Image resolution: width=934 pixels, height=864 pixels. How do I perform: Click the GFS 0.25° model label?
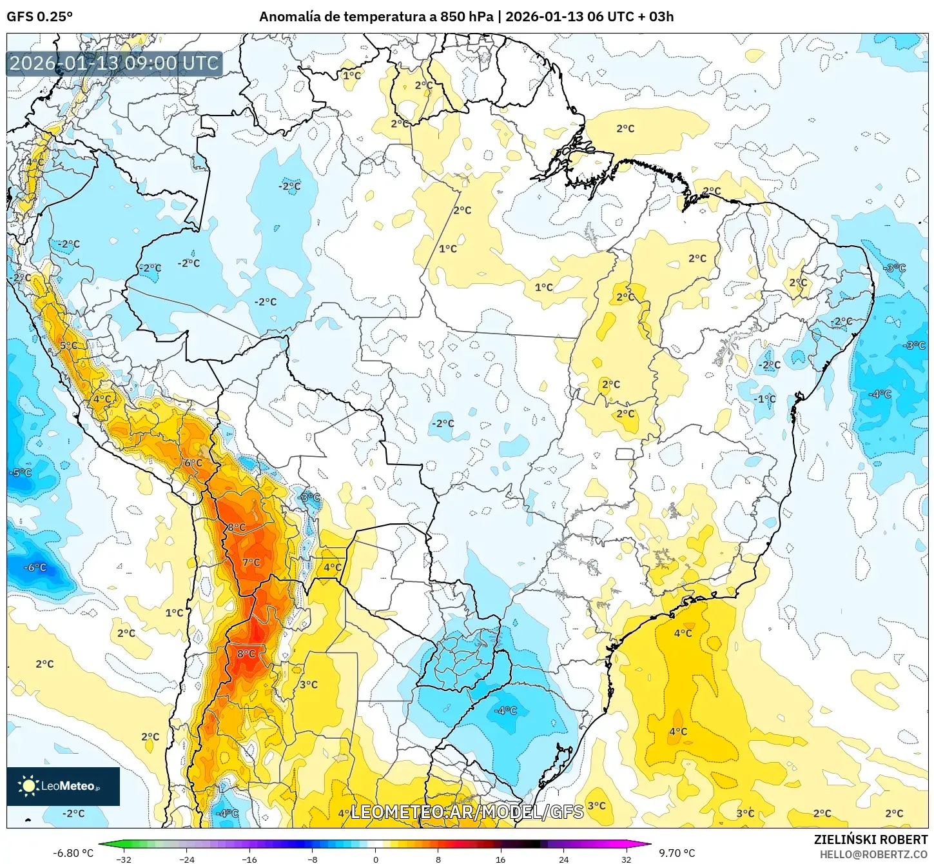[39, 17]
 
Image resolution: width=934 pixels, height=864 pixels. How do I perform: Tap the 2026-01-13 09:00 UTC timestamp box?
[114, 63]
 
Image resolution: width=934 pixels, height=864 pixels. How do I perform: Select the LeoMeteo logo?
[63, 786]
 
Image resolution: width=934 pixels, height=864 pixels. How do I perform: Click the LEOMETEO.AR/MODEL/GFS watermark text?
[467, 812]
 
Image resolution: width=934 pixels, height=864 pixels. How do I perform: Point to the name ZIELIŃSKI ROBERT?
[870, 839]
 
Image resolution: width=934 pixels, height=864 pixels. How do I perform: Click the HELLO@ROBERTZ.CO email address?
[873, 854]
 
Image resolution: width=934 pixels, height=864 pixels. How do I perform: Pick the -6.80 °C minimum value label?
[73, 853]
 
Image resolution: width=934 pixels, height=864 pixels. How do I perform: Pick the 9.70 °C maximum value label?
[677, 853]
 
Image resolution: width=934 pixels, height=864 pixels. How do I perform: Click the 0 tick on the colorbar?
[376, 859]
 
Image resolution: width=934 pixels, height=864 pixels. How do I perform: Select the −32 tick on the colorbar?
[124, 859]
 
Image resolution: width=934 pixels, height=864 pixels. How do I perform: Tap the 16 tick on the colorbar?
[501, 859]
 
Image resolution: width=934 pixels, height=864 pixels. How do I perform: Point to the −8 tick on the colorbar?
[313, 859]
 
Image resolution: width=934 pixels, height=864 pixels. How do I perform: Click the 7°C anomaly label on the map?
[251, 563]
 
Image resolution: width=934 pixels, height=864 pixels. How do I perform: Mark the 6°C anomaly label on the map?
[193, 463]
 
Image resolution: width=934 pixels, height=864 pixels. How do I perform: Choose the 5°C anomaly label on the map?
[68, 346]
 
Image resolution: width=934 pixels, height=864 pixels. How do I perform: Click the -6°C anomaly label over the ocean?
[35, 568]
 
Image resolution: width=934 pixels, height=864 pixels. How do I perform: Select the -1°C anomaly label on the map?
[764, 399]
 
